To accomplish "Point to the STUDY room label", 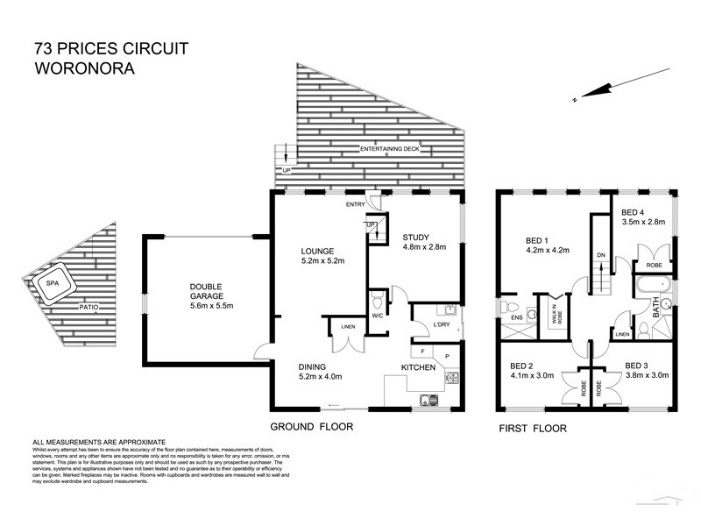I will click(x=417, y=237).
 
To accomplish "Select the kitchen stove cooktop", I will click(x=454, y=379).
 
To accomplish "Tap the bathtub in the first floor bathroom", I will click(x=652, y=287).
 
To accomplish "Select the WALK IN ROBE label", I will click(x=555, y=315).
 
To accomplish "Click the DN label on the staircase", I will click(x=599, y=255).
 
